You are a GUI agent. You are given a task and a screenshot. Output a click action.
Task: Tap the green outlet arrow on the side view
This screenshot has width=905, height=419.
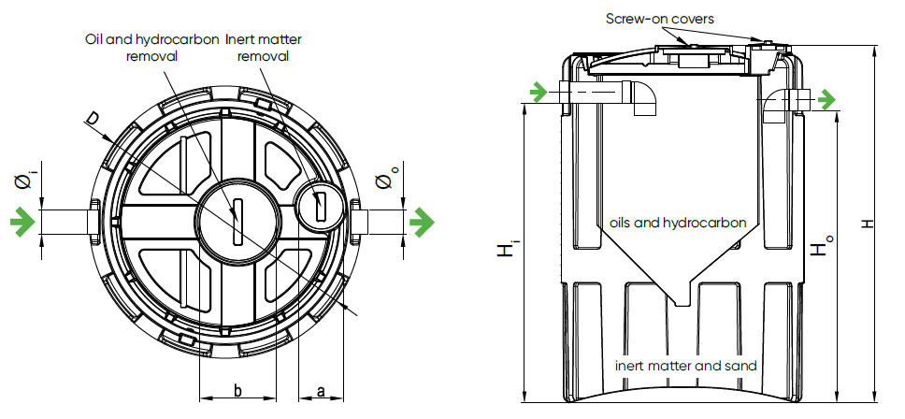coord(826,98)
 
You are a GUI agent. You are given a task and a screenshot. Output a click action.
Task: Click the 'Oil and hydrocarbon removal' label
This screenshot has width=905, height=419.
coord(151,48)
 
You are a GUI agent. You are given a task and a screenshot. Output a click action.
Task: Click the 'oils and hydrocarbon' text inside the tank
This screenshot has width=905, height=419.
coord(677,223)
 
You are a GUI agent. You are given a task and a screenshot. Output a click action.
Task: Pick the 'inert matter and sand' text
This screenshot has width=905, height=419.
coord(685,365)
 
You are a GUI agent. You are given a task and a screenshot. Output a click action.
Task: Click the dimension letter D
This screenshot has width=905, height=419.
coord(92,117)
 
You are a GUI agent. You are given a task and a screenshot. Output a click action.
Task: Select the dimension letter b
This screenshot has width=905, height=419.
coord(237,390)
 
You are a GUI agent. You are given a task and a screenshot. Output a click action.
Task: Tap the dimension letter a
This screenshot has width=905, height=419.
coord(321,390)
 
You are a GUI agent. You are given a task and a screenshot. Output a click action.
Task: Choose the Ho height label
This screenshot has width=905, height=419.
coord(820,249)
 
